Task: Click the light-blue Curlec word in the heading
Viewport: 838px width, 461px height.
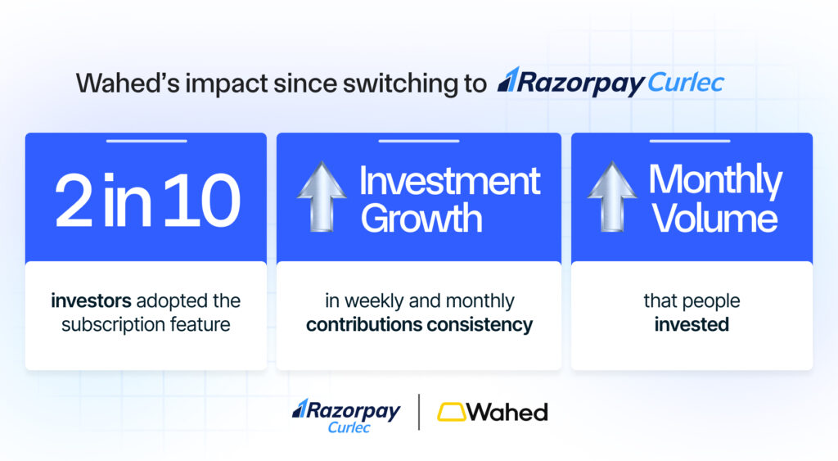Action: click(x=686, y=84)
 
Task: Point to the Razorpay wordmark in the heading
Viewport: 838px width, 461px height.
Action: click(x=570, y=83)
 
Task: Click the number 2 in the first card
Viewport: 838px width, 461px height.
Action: click(x=74, y=201)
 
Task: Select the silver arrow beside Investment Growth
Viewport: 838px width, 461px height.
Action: click(x=321, y=197)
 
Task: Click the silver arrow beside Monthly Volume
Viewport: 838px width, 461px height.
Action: click(x=612, y=197)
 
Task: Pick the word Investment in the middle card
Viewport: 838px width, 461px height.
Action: click(x=450, y=181)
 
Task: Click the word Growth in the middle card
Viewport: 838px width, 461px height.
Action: click(x=421, y=218)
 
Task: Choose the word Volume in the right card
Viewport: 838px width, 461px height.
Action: click(x=714, y=218)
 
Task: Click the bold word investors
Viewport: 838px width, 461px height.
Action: click(x=91, y=301)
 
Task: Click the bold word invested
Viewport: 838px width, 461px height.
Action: click(x=692, y=324)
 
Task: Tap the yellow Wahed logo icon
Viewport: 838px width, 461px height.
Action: click(x=451, y=412)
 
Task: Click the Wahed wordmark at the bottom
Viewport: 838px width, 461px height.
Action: click(x=507, y=412)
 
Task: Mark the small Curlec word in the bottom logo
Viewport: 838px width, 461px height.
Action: click(x=349, y=427)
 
